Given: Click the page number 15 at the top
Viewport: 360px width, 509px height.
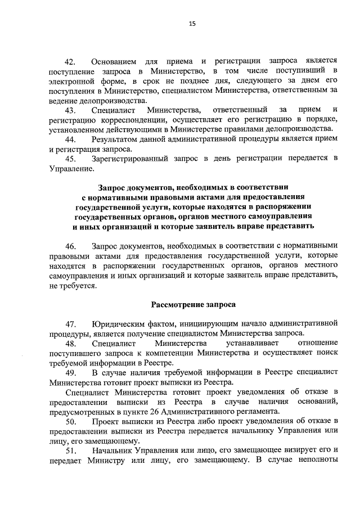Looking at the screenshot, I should tap(192, 24).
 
